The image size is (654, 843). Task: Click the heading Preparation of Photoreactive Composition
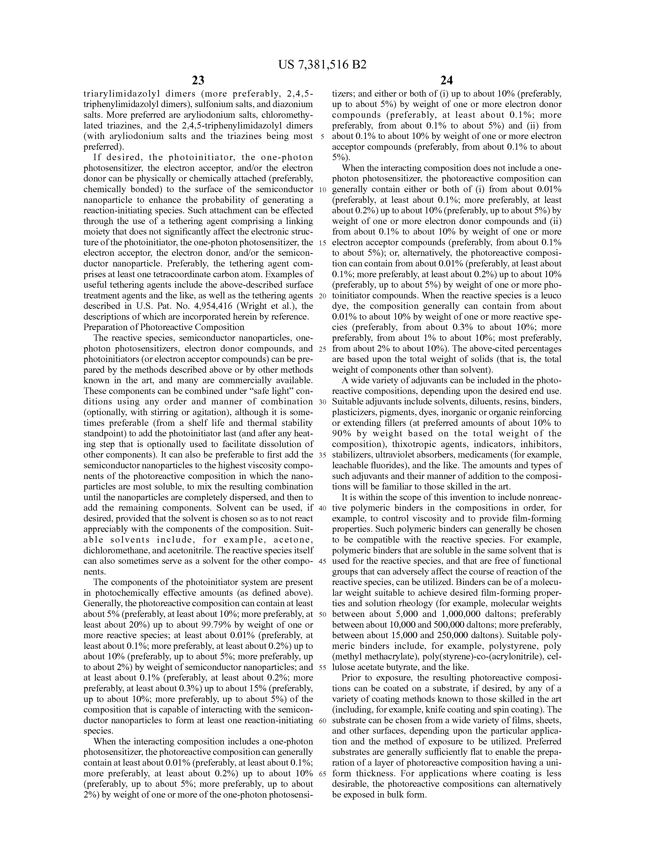pos(164,327)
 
